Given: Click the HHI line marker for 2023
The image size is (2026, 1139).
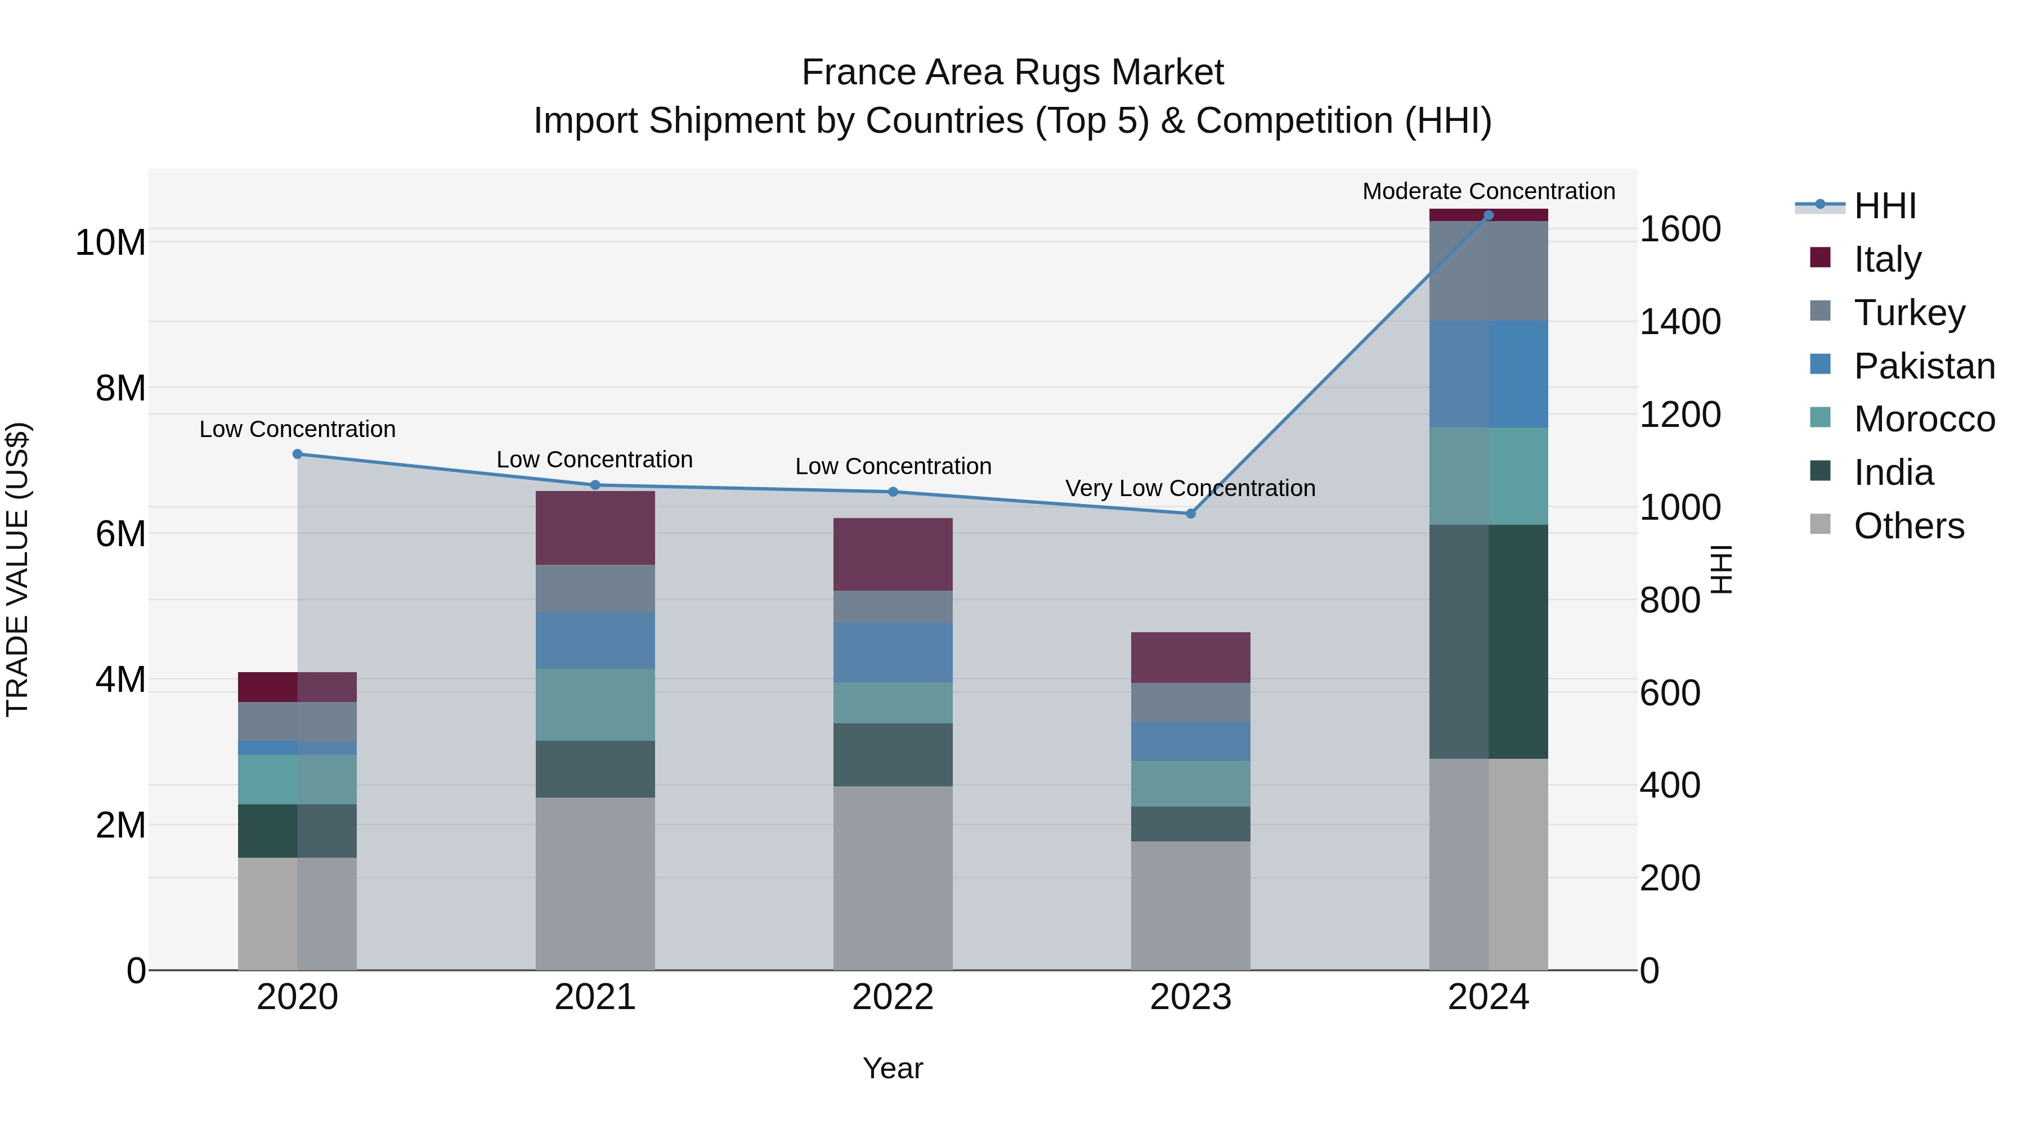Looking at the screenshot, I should pos(1190,514).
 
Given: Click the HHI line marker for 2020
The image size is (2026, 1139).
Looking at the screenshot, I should pos(297,453).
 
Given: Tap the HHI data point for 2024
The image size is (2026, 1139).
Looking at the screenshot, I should pos(1488,215).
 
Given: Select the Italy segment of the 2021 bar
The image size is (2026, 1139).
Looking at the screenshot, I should pos(595,528).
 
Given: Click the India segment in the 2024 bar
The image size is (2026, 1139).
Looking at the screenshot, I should pos(1488,641).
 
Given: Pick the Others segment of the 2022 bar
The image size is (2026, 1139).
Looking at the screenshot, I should pos(893,877).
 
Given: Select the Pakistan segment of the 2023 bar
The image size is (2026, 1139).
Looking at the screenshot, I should pos(1190,741).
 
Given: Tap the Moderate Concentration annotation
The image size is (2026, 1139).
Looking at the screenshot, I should pos(1488,191).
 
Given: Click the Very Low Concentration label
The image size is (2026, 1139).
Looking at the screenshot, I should pos(1190,488).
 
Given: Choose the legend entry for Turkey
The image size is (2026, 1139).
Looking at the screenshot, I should pos(1909,313).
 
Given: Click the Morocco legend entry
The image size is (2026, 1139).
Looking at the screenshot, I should pos(1924,419).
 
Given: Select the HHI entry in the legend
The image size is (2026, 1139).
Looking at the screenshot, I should pos(1884,206).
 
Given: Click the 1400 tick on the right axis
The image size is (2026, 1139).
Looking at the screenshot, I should pos(1680,322).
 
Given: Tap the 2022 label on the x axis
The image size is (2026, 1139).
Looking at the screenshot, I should pos(893,997).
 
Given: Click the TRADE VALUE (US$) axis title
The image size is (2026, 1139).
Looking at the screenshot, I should pos(17,569).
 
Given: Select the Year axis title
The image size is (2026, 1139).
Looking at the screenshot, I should pos(893,1068).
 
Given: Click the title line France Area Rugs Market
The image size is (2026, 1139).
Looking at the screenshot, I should pos(1012,73).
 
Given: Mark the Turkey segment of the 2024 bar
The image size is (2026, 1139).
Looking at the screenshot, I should pos(1488,271).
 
